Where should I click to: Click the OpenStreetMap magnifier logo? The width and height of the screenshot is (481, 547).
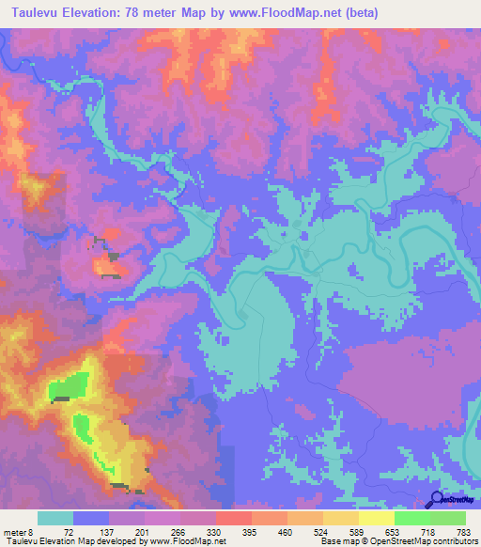[x=438, y=499]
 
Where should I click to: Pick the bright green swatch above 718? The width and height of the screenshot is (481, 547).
[x=411, y=518]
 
